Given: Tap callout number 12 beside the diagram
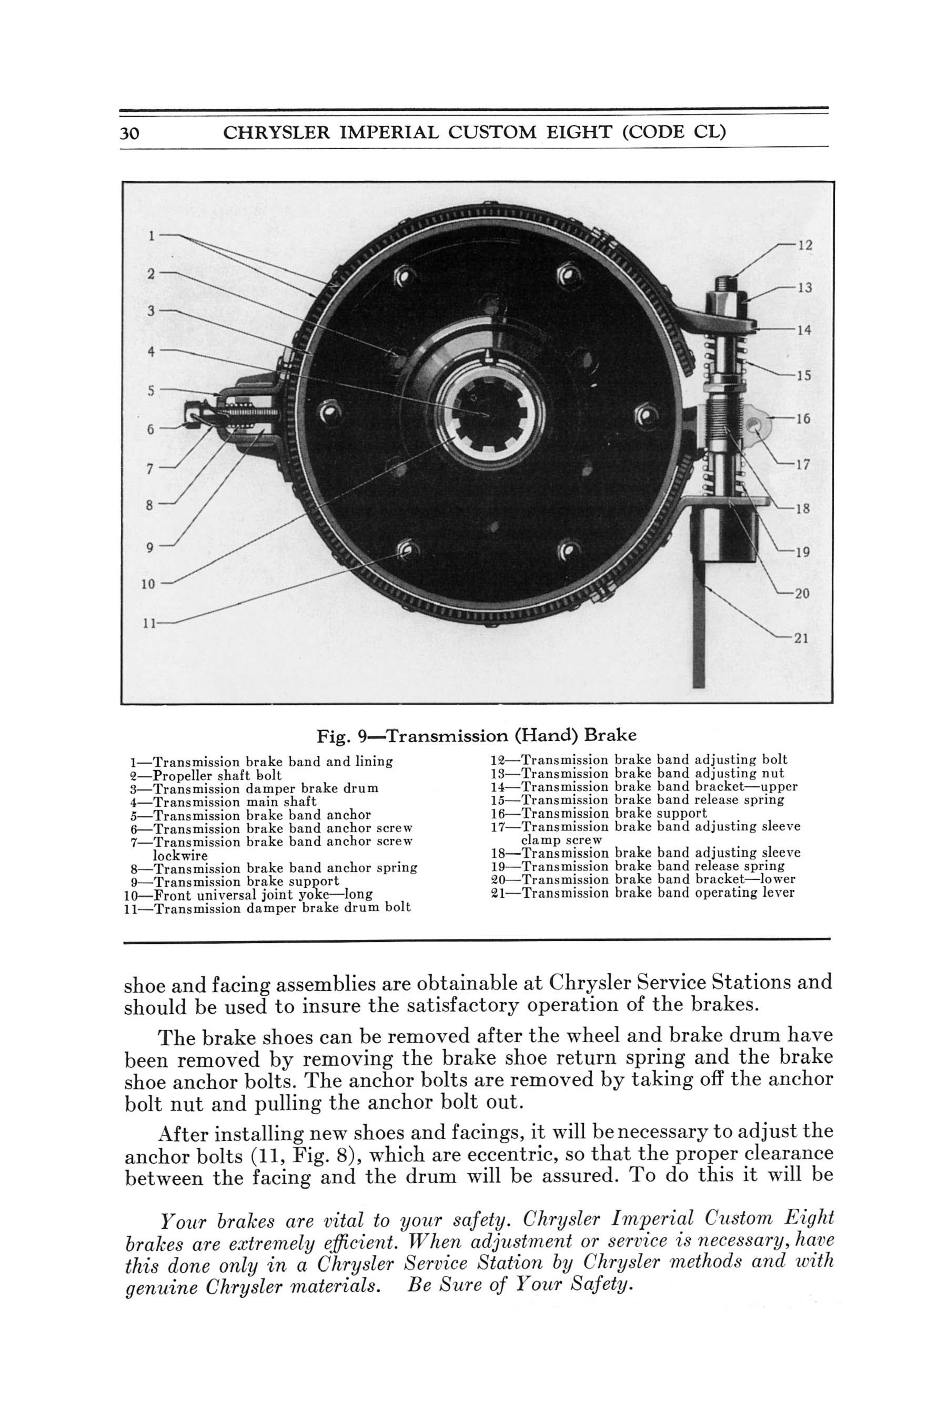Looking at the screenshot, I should point(804,245).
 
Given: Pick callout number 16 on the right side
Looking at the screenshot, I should point(803,418).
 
